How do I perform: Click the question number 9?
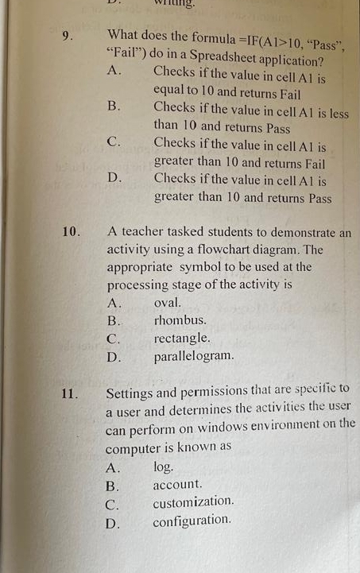coord(68,37)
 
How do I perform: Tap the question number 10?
coord(71,232)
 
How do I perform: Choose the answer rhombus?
coord(180,320)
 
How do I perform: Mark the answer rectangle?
coord(182,339)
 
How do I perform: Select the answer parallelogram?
coord(193,356)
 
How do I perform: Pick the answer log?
coord(162,467)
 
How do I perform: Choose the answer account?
coord(177,484)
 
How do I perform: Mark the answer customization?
coord(193,502)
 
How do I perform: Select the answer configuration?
coord(192,521)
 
